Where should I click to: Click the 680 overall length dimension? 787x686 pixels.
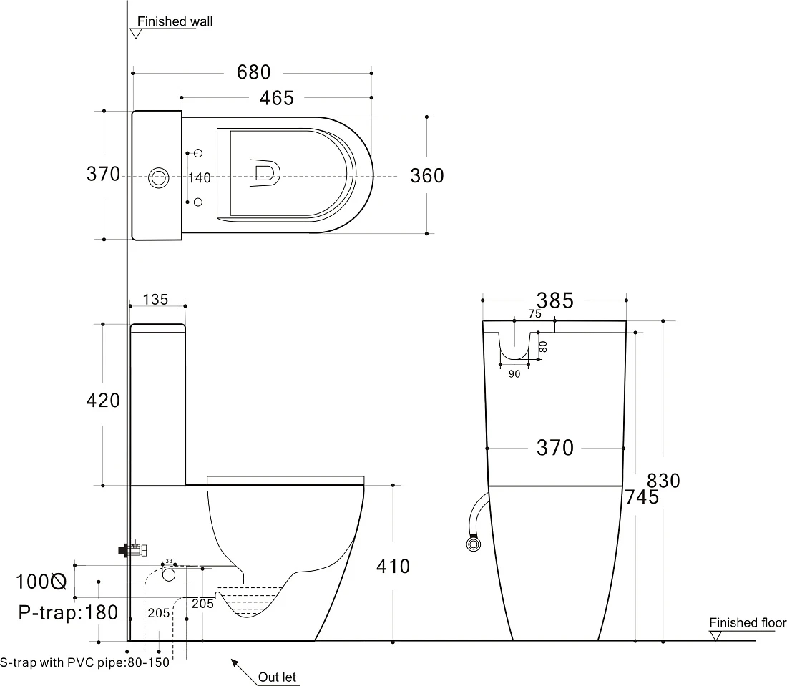pyautogui.click(x=253, y=72)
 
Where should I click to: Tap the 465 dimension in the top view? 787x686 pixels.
pyautogui.click(x=277, y=98)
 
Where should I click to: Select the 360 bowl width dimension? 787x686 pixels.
pyautogui.click(x=427, y=176)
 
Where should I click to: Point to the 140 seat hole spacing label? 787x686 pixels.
pyautogui.click(x=200, y=177)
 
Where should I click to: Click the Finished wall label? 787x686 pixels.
pyautogui.click(x=175, y=21)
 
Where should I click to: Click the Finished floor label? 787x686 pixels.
pyautogui.click(x=748, y=623)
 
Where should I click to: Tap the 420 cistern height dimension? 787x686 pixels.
pyautogui.click(x=103, y=401)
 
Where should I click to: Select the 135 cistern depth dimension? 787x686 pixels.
pyautogui.click(x=155, y=300)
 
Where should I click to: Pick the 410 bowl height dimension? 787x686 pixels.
pyautogui.click(x=393, y=567)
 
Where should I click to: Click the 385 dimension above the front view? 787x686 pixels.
pyautogui.click(x=554, y=300)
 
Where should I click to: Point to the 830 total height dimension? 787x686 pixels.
pyautogui.click(x=663, y=481)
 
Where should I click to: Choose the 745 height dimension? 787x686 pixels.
pyautogui.click(x=642, y=497)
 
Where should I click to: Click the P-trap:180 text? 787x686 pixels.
pyautogui.click(x=68, y=613)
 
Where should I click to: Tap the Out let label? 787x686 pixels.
pyautogui.click(x=277, y=677)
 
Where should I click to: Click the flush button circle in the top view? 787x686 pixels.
pyautogui.click(x=159, y=177)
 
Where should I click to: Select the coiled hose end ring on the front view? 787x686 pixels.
pyautogui.click(x=473, y=544)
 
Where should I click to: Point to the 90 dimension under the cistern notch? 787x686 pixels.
pyautogui.click(x=514, y=374)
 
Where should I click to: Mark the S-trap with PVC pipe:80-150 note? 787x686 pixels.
pyautogui.click(x=85, y=662)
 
